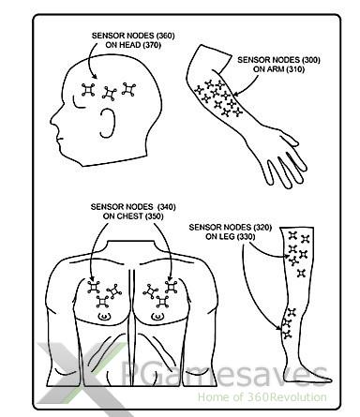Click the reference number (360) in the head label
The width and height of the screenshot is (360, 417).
pos(165,36)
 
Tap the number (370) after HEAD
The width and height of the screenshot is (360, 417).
pos(152,45)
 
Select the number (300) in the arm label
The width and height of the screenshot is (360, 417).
pos(310,60)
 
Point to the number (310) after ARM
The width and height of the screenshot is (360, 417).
pos(294,69)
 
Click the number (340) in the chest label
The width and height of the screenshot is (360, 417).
pos(167,207)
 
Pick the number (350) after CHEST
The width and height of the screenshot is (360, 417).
pos(155,216)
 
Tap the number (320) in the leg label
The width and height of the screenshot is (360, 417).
pos(262,227)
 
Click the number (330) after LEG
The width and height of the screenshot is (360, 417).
pos(246,237)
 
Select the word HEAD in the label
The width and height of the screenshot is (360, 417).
pos(129,45)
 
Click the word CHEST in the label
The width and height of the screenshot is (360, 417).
pos(130,216)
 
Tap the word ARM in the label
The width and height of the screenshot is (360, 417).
pos(277,69)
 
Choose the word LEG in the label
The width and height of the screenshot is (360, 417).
pos(228,237)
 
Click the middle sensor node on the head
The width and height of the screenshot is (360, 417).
pos(110,94)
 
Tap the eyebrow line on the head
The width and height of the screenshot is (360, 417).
pos(78,103)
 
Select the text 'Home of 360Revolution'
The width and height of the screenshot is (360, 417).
pos(262,397)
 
